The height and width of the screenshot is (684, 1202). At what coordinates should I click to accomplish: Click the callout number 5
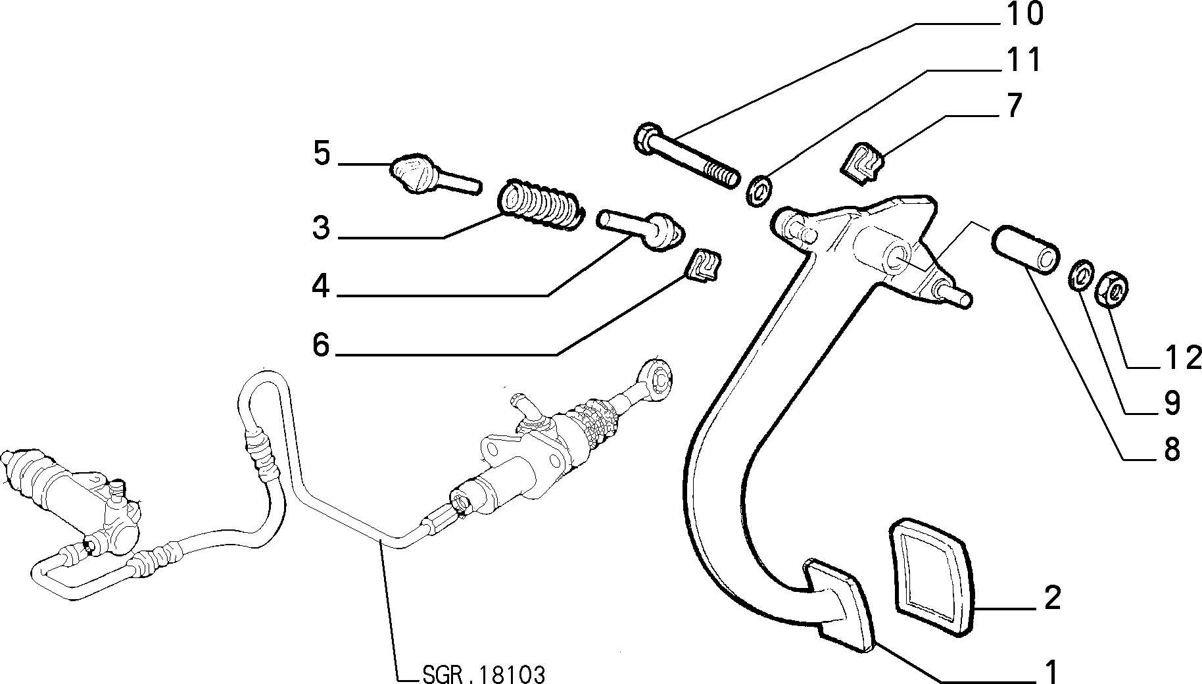coord(322,153)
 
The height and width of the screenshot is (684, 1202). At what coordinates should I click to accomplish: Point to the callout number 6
coord(321,344)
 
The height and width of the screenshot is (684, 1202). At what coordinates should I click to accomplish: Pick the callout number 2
coord(1052,598)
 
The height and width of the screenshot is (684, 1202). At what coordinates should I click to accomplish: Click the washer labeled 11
coord(760,191)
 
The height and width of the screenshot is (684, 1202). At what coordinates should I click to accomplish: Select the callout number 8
coord(1170,451)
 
